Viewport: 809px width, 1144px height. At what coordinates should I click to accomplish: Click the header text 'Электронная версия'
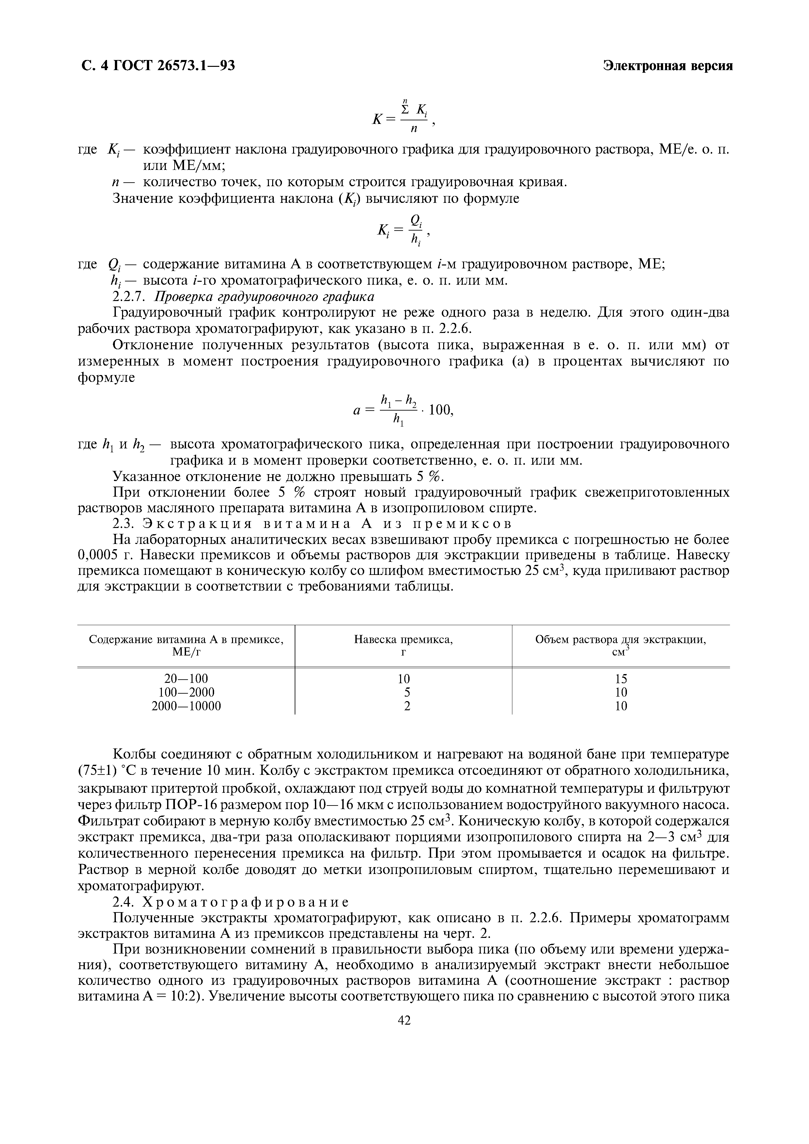668,66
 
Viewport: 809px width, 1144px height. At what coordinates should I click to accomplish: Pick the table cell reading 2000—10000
186,706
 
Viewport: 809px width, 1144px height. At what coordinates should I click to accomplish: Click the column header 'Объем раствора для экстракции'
621,640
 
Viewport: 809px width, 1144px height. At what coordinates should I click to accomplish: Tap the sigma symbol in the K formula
406,110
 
